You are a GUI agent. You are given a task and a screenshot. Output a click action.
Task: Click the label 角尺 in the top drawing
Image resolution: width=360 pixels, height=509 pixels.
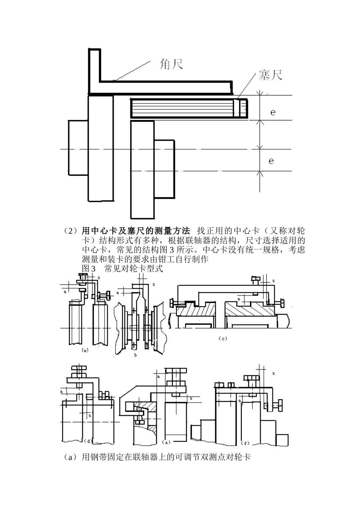point(170,64)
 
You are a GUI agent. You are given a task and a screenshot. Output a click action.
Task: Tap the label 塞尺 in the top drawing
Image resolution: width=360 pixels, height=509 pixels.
point(270,75)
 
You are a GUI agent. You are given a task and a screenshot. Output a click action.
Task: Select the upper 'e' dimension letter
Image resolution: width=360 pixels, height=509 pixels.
point(273,112)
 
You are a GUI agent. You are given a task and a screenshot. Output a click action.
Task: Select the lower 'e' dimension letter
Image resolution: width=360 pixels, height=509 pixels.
point(271,161)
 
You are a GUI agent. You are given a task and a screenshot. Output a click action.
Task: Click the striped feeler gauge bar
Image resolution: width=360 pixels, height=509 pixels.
point(182,108)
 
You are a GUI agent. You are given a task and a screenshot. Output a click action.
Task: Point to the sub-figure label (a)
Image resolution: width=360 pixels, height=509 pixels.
point(85,350)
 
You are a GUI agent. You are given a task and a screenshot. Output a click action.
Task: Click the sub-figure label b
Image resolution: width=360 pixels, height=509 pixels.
point(135,355)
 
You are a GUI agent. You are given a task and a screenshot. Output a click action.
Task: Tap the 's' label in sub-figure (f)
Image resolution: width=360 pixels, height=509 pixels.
point(273,373)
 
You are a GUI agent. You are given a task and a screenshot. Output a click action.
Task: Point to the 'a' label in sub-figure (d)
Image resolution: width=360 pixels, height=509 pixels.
point(61,391)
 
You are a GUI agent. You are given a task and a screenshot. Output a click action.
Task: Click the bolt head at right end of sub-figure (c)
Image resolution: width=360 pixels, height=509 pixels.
point(282,303)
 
